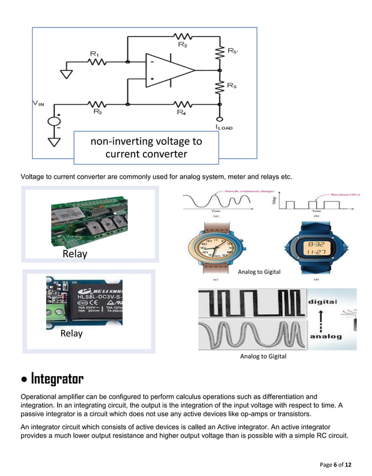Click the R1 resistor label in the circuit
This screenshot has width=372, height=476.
[94, 54]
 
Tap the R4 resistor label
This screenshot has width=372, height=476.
[181, 113]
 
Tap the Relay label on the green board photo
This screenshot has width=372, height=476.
[75, 254]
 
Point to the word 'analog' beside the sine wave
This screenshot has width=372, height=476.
[325, 337]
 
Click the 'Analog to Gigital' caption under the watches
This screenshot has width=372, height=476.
[259, 272]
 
